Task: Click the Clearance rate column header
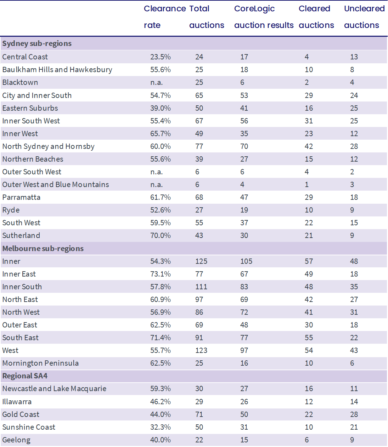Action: [x=165, y=17]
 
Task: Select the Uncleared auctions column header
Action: [x=364, y=17]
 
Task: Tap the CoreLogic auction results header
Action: [x=264, y=17]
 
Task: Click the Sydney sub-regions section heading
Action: [x=37, y=43]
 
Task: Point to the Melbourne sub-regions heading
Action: [x=43, y=249]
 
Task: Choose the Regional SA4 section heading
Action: [x=25, y=376]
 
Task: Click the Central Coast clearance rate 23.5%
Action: [x=161, y=57]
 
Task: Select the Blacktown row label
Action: [x=20, y=82]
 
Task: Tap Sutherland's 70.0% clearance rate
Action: [x=161, y=236]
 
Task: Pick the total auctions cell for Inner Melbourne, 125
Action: [x=201, y=261]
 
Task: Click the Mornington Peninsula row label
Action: [x=40, y=363]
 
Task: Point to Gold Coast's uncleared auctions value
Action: [x=354, y=414]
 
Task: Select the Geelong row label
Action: [x=16, y=440]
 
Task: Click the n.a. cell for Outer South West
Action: [x=156, y=172]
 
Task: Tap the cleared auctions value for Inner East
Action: [x=309, y=274]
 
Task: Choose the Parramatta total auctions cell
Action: [x=199, y=197]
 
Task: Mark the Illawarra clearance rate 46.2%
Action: [x=161, y=402]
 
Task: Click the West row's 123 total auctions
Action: [x=201, y=350]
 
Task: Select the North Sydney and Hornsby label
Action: [x=48, y=146]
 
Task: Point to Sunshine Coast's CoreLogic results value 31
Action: [x=244, y=427]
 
